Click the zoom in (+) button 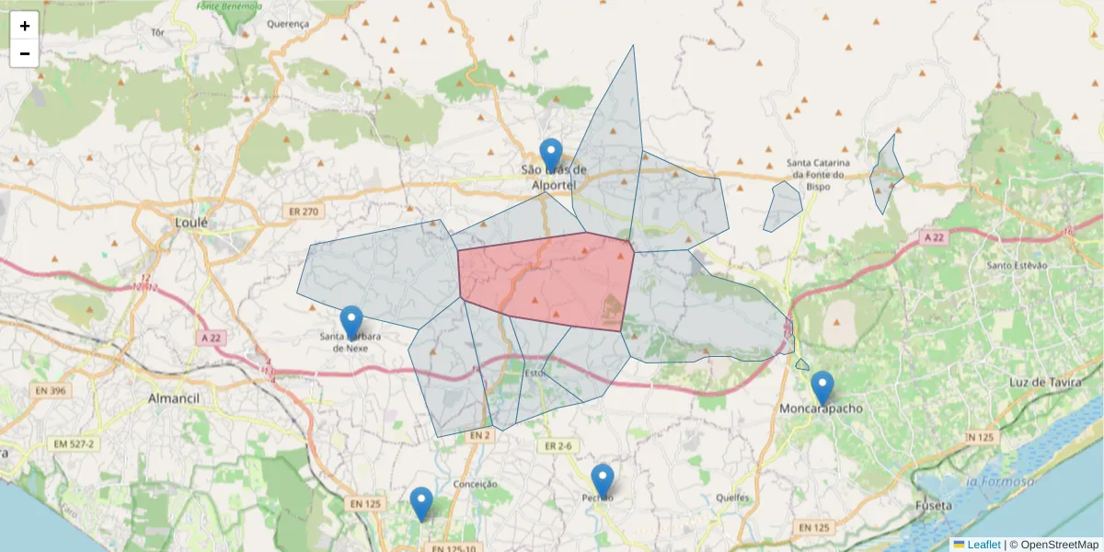tap(25, 26)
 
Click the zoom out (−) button tap(25, 53)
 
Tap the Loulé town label tap(191, 223)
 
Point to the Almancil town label tap(175, 398)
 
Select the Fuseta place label tap(933, 506)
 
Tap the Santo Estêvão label tap(1017, 266)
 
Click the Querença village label tap(288, 24)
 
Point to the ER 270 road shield tap(302, 212)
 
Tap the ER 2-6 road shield tap(558, 446)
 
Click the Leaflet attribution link tap(983, 545)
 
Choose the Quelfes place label tap(731, 498)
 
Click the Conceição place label tap(476, 484)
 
